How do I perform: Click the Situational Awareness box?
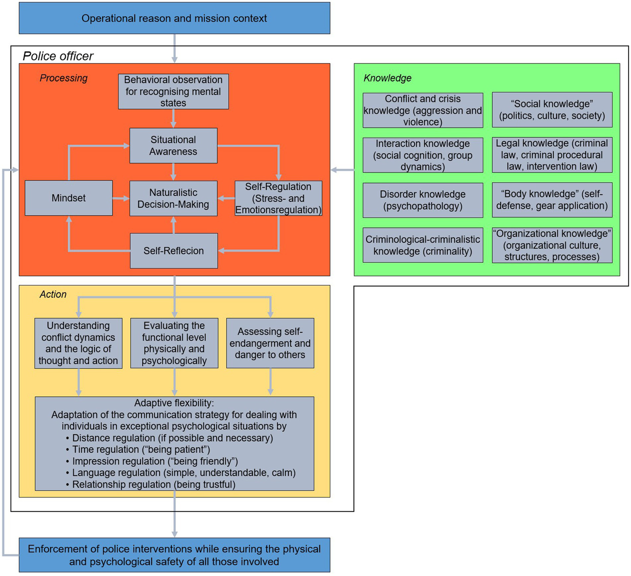click(x=173, y=146)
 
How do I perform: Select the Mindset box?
click(x=69, y=198)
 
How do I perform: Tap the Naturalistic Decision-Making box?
click(x=173, y=198)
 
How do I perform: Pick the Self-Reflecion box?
click(x=173, y=251)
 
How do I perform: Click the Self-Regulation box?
click(x=278, y=198)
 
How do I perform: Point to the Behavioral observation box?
click(x=173, y=91)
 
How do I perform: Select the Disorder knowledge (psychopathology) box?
click(x=423, y=200)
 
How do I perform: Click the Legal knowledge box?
click(x=552, y=155)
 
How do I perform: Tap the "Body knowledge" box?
click(x=552, y=200)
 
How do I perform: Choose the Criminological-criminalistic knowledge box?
click(x=423, y=245)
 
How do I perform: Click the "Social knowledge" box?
click(x=552, y=110)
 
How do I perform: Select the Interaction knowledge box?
click(x=423, y=155)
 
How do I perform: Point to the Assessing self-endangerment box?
click(x=270, y=343)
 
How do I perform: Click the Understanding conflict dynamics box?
click(x=78, y=343)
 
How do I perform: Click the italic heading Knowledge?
click(x=387, y=78)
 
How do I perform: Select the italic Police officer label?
click(x=58, y=56)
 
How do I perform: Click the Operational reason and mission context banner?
click(x=174, y=18)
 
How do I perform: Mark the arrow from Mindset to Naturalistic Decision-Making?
click(x=121, y=199)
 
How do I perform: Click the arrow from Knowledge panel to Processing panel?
click(x=342, y=170)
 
